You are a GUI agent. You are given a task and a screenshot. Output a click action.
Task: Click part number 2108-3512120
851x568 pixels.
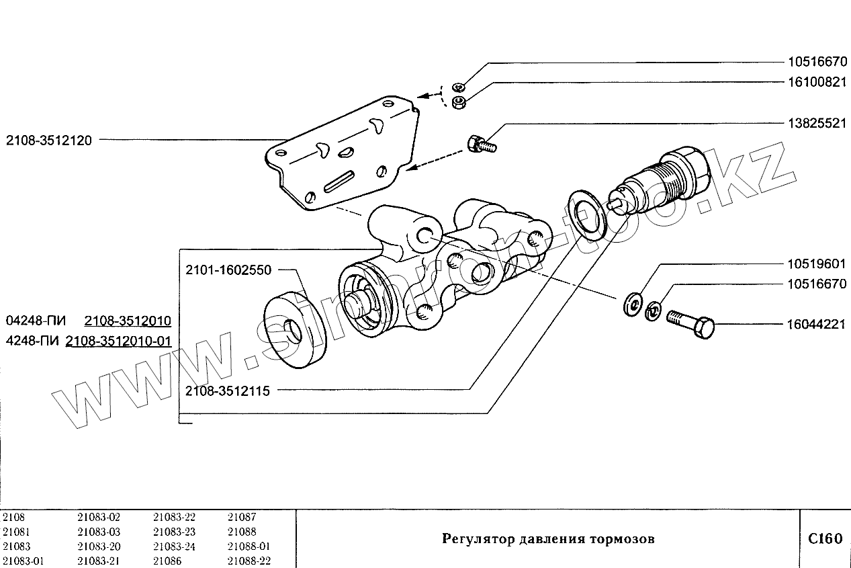[49, 140]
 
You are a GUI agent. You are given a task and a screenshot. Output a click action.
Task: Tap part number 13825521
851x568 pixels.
[817, 124]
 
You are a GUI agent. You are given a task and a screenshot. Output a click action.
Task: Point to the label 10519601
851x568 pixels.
[817, 264]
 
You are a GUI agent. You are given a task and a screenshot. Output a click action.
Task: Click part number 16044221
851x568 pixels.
[817, 325]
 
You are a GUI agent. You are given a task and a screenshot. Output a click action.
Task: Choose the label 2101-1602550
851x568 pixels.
[228, 270]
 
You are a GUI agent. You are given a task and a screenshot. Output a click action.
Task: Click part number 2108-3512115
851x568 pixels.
[228, 390]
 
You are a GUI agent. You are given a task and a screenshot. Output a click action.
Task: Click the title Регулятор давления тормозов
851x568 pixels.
[547, 538]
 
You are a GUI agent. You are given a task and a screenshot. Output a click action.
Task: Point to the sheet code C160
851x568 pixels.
[825, 538]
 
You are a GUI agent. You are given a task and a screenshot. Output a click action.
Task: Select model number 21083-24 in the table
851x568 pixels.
[174, 546]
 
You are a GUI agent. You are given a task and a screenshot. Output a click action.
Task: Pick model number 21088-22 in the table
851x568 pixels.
[249, 561]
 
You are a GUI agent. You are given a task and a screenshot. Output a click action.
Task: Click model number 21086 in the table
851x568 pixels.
[167, 561]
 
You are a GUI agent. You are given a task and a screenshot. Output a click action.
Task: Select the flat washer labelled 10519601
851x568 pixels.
[632, 304]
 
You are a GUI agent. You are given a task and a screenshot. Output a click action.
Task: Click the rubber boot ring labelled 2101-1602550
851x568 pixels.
[294, 330]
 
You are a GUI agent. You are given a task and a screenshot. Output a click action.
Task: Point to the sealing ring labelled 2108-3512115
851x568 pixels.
[587, 214]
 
